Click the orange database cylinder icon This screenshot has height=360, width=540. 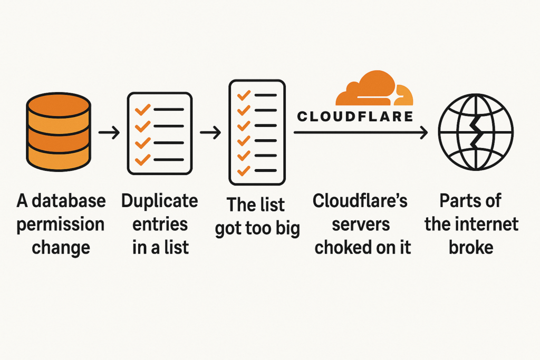click(x=58, y=133)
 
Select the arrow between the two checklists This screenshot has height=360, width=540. click(x=210, y=133)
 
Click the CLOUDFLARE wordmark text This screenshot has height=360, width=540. click(x=355, y=116)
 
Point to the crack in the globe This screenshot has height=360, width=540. click(x=476, y=133)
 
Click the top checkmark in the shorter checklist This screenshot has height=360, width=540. click(x=143, y=110)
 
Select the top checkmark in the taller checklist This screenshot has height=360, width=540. click(x=243, y=95)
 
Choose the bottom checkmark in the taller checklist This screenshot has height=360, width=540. click(x=243, y=171)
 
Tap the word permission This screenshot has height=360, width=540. click(x=60, y=224)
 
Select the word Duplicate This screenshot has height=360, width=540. click(x=159, y=201)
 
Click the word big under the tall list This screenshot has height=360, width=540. click(x=284, y=229)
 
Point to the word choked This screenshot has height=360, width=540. click(x=344, y=247)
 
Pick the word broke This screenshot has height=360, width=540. click(x=471, y=247)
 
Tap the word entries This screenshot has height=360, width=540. click(x=159, y=224)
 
